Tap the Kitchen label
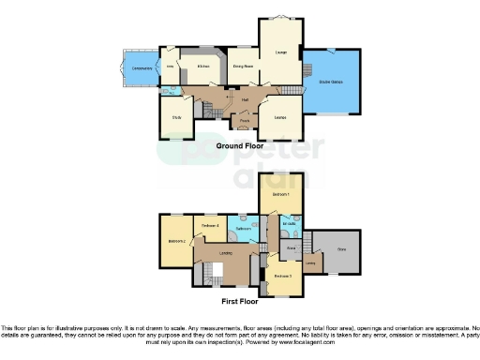click(202, 67)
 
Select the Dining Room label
click(244, 67)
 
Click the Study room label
click(176, 117)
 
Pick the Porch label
click(244, 120)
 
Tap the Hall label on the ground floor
click(245, 99)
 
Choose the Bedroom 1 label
click(280, 194)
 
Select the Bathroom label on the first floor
click(242, 228)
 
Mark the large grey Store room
click(340, 249)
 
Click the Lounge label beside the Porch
click(279, 117)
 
